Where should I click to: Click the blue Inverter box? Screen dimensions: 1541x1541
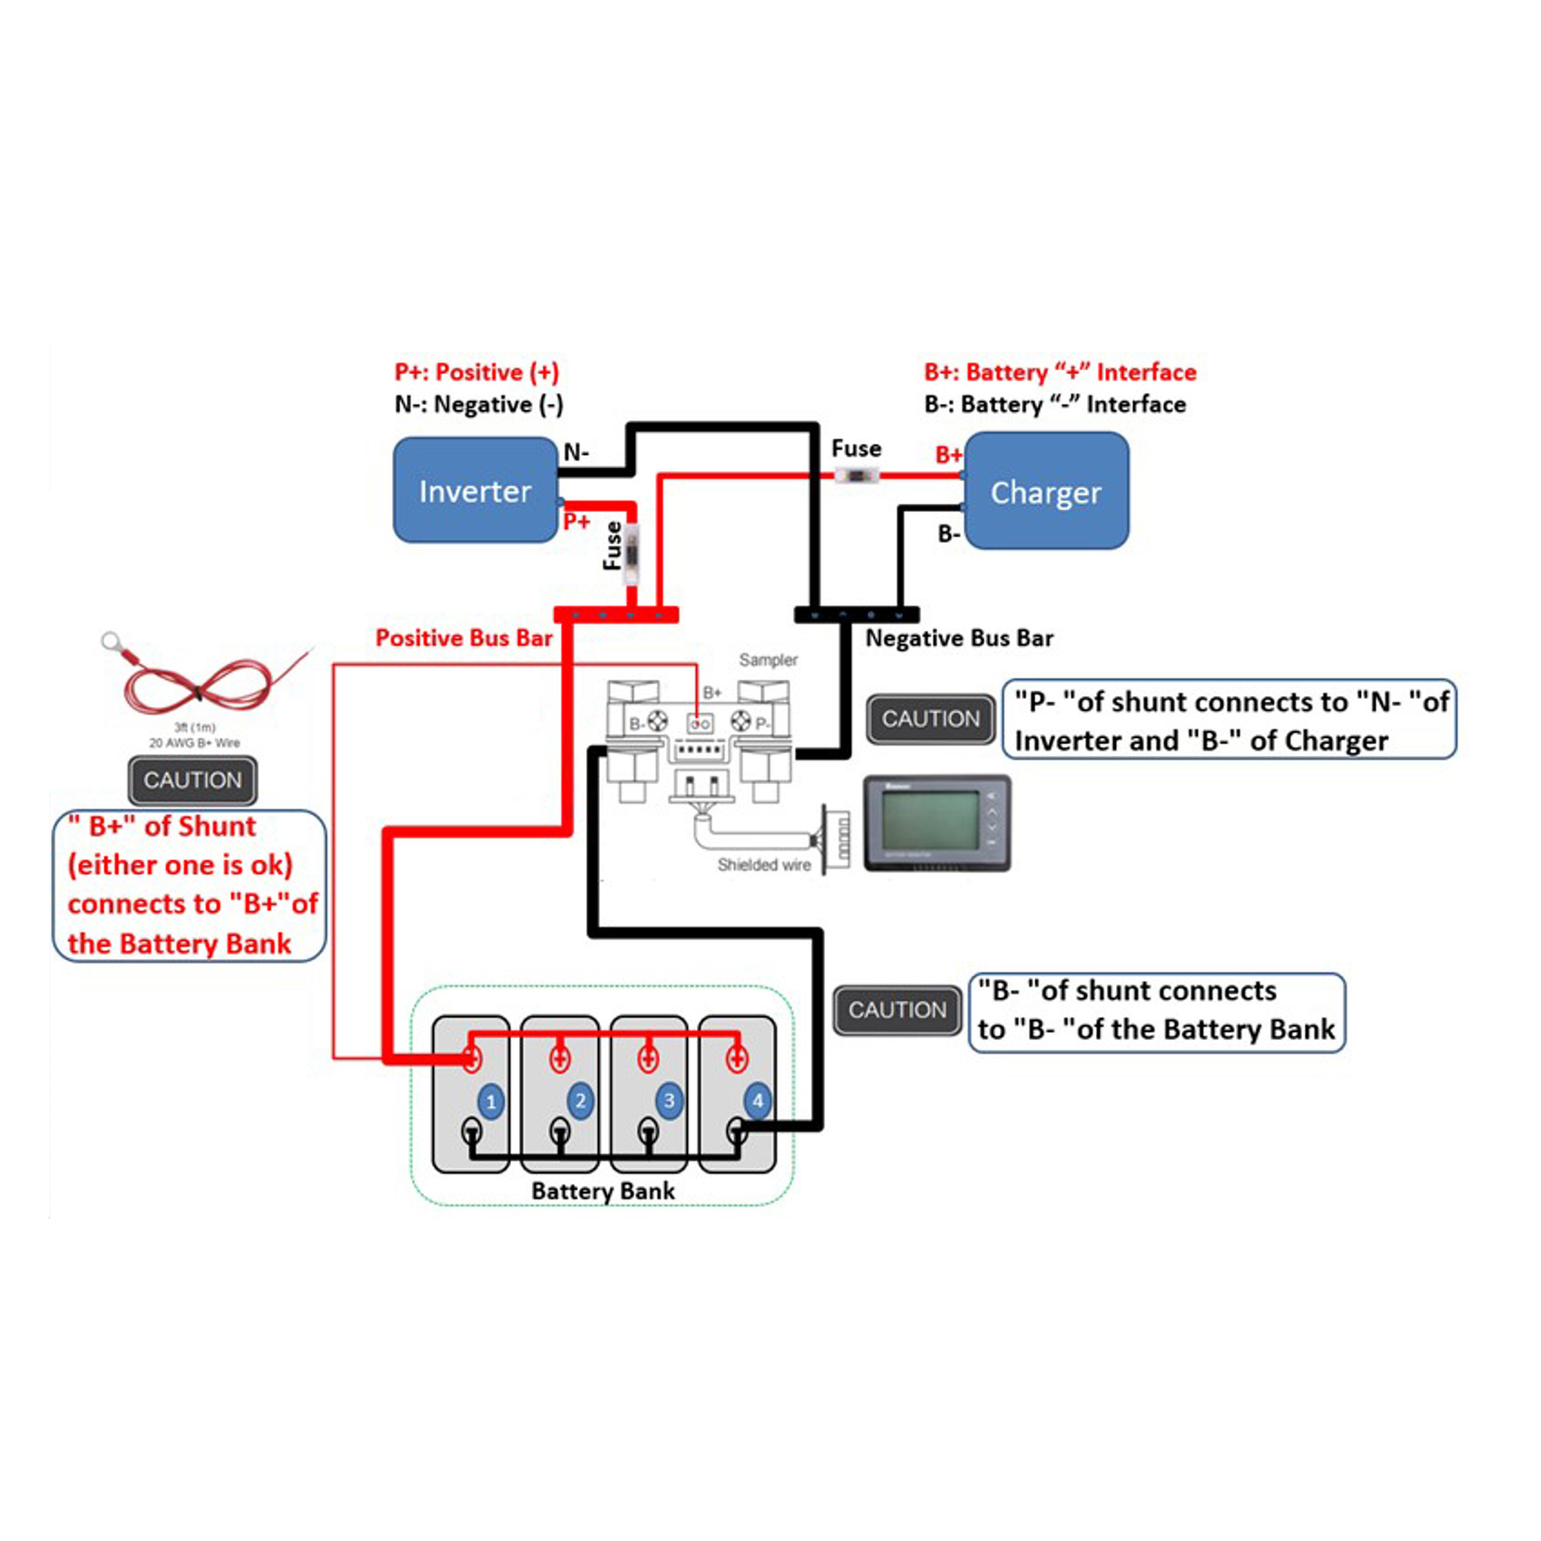[475, 490]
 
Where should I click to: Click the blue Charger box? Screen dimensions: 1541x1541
[1046, 492]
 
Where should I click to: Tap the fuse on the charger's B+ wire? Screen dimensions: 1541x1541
[856, 476]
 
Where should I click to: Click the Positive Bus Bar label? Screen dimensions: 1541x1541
[463, 638]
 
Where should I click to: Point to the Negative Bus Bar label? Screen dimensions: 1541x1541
[959, 638]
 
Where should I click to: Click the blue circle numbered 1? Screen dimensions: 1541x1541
[491, 1103]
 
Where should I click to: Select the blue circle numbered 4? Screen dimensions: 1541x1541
[757, 1101]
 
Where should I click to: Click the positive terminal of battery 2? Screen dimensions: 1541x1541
[560, 1060]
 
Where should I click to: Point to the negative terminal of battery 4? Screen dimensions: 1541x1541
[738, 1130]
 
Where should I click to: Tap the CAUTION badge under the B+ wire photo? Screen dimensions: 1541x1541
[192, 780]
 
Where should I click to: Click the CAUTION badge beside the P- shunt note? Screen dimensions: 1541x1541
[930, 719]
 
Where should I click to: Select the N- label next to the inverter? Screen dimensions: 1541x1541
[576, 452]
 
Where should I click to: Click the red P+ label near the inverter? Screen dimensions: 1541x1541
[576, 522]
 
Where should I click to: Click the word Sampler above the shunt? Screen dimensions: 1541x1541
[767, 660]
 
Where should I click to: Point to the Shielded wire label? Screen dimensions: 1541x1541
[764, 865]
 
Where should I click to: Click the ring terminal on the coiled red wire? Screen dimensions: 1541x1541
[111, 640]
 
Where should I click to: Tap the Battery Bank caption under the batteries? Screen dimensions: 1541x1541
[603, 1191]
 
